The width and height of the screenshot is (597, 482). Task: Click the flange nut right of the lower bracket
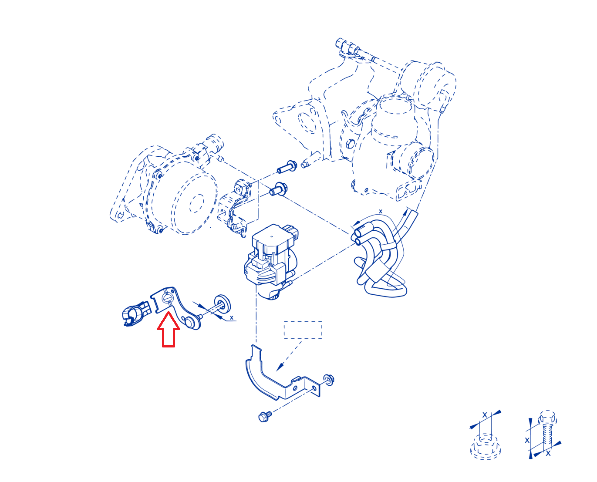pyautogui.click(x=328, y=379)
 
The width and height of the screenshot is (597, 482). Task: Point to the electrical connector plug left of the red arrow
pyautogui.click(x=136, y=313)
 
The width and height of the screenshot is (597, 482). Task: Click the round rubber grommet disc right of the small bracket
pyautogui.click(x=222, y=303)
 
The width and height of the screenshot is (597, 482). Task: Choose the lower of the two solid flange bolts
pyautogui.click(x=278, y=189)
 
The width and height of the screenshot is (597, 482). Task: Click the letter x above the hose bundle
pyautogui.click(x=380, y=211)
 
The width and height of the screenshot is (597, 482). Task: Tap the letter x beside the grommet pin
pyautogui.click(x=231, y=317)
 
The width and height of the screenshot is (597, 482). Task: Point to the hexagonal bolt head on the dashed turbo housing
pyautogui.click(x=351, y=144)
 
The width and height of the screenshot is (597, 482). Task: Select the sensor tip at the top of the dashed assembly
pyautogui.click(x=341, y=43)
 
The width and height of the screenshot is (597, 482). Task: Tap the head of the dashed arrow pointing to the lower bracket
pyautogui.click(x=280, y=367)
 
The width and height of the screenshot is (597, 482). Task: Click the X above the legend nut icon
pyautogui.click(x=485, y=415)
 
